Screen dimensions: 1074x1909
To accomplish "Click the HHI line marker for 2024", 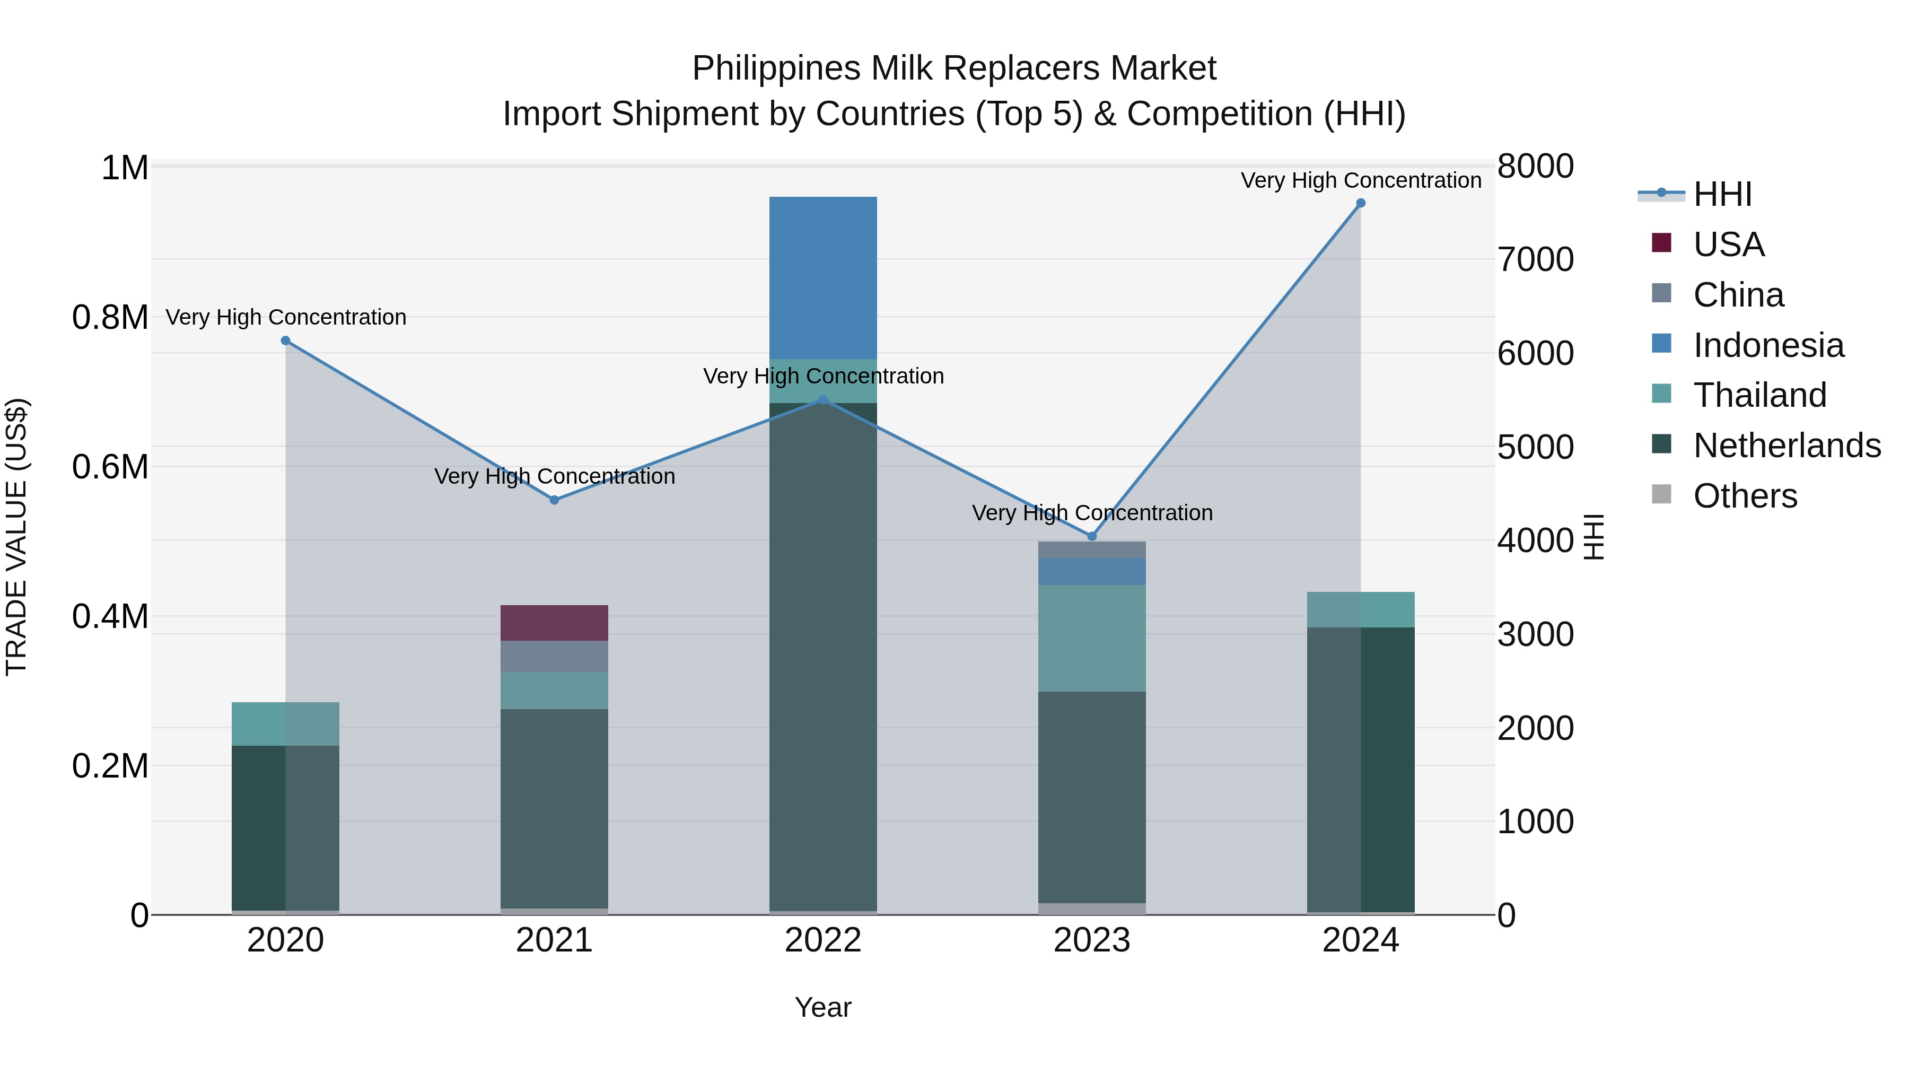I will (1361, 203).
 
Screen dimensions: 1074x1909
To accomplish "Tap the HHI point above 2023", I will (1092, 536).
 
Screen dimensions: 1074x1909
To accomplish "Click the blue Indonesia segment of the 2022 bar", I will (822, 278).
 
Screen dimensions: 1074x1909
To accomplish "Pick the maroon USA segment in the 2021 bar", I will (554, 623).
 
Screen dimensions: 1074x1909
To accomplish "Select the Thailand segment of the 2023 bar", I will (1092, 638).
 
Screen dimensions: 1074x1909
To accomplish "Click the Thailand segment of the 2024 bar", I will (1361, 609).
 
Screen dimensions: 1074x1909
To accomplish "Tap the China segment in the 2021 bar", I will (554, 657).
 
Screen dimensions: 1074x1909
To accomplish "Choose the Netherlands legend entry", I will (1786, 446).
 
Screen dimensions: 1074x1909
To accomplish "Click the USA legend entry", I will (1728, 244).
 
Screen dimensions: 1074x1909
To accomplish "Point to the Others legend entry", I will (1745, 496).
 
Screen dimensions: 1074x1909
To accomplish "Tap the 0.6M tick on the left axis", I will (110, 467).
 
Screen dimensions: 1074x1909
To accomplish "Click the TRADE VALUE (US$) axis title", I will (16, 537).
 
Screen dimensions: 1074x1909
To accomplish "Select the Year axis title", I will (822, 1007).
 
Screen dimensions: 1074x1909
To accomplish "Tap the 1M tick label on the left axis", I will (125, 168).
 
